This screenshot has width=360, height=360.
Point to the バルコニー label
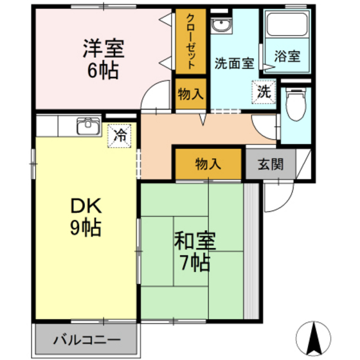tap(86, 338)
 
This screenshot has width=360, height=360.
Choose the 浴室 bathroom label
tap(287, 56)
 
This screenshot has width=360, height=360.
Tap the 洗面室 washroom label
tap(233, 64)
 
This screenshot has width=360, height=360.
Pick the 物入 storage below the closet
tap(190, 94)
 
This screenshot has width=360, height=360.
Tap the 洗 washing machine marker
tap(264, 91)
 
